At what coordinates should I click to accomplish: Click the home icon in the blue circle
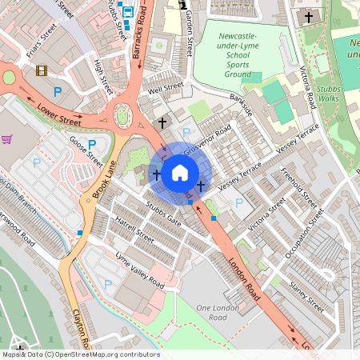(180, 173)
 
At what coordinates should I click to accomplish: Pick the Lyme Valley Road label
(139, 270)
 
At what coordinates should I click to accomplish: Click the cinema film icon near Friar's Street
(42, 70)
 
